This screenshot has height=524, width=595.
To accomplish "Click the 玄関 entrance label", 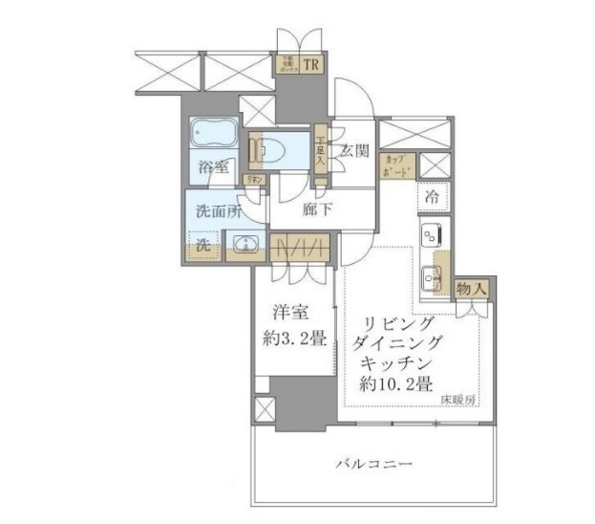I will pos(354,150).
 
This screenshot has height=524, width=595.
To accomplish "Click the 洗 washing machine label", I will pos(203,245).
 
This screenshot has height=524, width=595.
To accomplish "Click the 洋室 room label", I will pos(287,312).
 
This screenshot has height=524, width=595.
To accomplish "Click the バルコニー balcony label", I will pos(373,465).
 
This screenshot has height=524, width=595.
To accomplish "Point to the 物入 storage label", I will pos(473,288).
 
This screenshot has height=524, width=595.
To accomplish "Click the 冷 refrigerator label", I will pos(432,196).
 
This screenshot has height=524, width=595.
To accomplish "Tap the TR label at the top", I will pos(311,65).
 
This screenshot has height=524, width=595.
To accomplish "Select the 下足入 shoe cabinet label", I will pos(322,151).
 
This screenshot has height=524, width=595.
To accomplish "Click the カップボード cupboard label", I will pos(396,166).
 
